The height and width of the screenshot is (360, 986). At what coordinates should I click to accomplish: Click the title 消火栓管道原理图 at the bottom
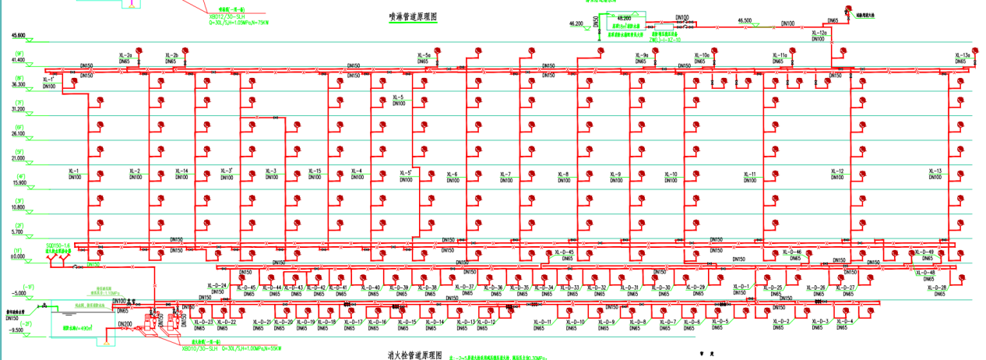pos(415,355)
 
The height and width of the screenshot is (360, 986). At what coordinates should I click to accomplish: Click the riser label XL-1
pos(74,171)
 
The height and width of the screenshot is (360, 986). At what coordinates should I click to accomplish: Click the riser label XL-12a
pos(818,33)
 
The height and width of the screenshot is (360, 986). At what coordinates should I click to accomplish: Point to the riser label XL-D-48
pos(926,272)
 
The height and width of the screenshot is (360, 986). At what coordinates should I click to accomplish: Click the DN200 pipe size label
pos(124,323)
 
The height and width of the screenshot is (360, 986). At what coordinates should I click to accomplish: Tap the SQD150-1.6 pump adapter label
pos(58,245)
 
